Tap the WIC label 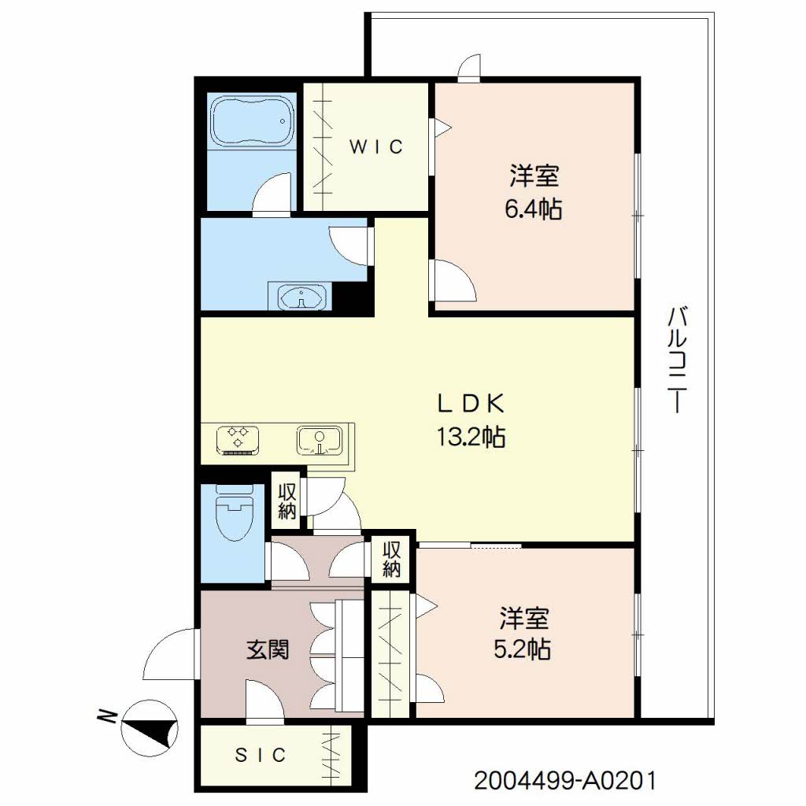[376, 147]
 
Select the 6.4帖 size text [533, 209]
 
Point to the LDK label [471, 404]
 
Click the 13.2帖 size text [471, 437]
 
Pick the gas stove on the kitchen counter [238, 441]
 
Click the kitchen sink [320, 441]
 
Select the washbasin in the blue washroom [302, 297]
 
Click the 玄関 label [268, 649]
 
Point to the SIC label [260, 755]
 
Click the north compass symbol [150, 726]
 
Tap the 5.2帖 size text [523, 649]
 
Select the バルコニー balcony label [678, 359]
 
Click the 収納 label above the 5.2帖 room [391, 560]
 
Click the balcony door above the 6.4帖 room [469, 68]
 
